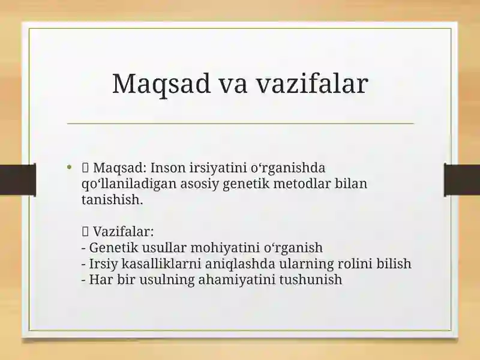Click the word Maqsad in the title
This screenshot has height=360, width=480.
[x=161, y=84]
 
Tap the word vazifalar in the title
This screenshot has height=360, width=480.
[x=311, y=83]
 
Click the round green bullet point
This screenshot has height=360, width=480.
[x=69, y=167]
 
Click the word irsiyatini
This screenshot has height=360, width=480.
[x=218, y=169]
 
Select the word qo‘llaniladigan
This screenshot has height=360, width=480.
[x=129, y=184]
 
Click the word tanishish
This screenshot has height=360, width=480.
[x=112, y=200]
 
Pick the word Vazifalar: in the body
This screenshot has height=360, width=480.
[x=123, y=232]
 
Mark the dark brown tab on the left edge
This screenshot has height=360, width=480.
[x=18, y=180]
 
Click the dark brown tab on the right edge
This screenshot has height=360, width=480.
[x=462, y=180]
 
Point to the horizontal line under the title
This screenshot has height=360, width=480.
[x=241, y=124]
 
